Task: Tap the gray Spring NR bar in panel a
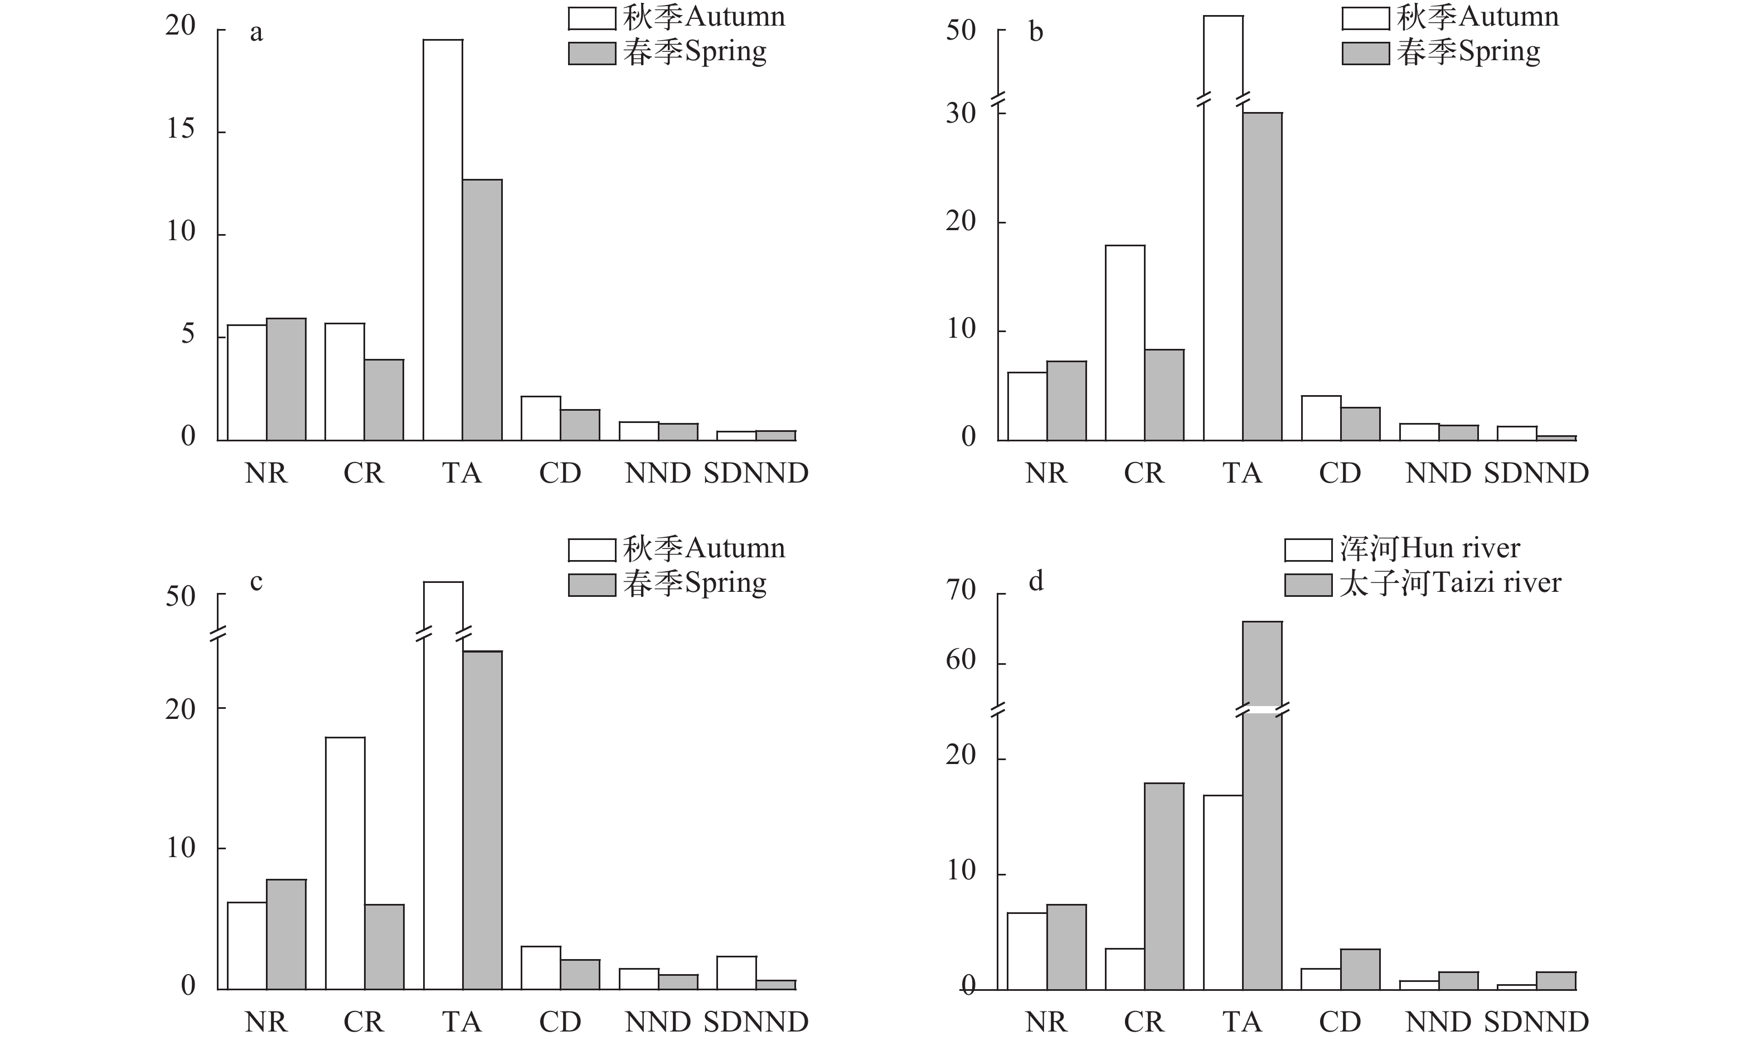point(286,380)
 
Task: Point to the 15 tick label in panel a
point(180,129)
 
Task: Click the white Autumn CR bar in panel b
point(1124,343)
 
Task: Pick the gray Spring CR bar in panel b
point(1164,395)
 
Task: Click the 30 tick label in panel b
point(961,113)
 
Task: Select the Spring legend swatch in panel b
point(1365,54)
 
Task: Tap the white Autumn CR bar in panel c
point(345,864)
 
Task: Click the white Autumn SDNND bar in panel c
point(736,973)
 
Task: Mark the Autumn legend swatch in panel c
point(591,550)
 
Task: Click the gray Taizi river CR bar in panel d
point(1164,887)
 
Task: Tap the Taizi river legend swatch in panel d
point(1308,585)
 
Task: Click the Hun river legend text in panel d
point(1430,548)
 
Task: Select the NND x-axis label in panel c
point(658,1022)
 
